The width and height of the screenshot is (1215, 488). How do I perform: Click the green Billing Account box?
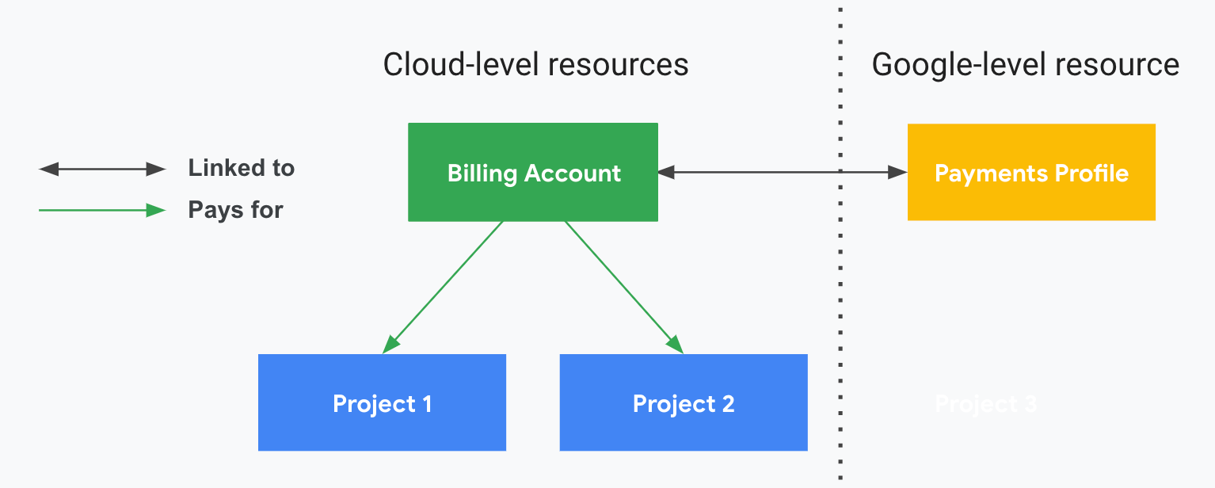pos(532,172)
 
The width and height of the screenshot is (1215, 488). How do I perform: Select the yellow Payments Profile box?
pos(1030,172)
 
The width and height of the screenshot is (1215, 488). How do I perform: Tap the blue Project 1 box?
pos(382,402)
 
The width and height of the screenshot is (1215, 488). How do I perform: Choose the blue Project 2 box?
pos(683,402)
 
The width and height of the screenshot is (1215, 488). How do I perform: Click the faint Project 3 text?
pos(985,404)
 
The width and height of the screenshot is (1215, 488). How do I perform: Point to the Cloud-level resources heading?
pos(535,64)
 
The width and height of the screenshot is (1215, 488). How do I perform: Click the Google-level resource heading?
pos(1025,64)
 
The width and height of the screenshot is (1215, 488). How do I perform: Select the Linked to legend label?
pos(241,168)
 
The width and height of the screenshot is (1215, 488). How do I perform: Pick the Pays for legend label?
pos(235,210)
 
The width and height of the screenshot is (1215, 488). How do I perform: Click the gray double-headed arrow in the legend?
pos(102,169)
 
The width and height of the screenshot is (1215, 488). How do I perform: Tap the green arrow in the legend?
pos(102,211)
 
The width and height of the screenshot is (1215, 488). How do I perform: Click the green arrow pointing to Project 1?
pos(444,286)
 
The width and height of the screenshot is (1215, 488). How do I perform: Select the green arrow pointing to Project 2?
pos(623,286)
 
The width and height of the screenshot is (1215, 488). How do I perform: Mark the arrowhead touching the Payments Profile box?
pos(898,172)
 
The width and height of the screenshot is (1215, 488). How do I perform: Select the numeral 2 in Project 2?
pos(727,404)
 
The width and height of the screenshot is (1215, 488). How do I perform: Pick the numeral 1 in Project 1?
pos(426,404)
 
